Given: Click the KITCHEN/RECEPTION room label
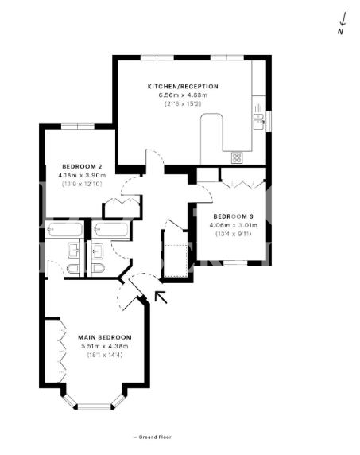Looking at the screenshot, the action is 183,87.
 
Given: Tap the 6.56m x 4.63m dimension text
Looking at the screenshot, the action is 183,95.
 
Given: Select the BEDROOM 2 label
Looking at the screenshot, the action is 82,166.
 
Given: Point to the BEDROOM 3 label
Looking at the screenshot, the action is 234,216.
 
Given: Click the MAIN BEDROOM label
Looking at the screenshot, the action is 105,337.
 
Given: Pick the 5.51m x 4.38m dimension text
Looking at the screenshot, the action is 105,346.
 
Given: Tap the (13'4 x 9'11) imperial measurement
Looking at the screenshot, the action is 234,234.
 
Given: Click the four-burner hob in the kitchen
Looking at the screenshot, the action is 237,157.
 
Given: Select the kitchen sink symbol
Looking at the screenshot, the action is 258,121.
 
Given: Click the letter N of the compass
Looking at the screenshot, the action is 340,32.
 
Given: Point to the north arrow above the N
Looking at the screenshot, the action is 343,19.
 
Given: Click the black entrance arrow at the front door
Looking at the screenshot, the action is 161,297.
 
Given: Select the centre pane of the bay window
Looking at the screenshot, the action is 95,406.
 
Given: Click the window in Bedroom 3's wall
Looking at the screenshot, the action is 235,263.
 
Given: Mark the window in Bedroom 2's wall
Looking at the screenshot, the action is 78,126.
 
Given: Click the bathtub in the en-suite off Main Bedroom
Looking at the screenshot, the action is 64,230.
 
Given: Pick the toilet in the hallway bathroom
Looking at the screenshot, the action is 98,268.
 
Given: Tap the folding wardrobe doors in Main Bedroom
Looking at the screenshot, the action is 63,351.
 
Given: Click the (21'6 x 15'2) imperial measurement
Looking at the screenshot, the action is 183,103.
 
